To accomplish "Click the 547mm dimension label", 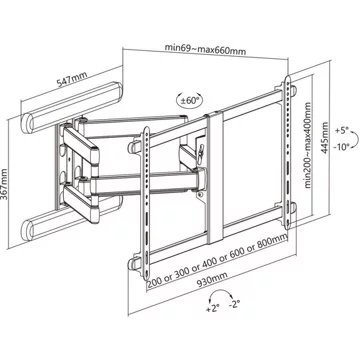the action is tap(72, 79).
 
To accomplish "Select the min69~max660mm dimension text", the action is tap(205, 49).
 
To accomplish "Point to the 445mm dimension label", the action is tap(324, 137).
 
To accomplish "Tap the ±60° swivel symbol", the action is tap(189, 99).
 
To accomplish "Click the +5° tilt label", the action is tap(342, 130).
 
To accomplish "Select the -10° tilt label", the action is tap(343, 146).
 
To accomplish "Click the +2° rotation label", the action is tap(212, 308).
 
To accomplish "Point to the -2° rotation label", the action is tap(235, 304).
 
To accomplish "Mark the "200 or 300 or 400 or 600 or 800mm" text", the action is tap(217, 259).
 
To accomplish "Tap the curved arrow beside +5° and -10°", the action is tap(358, 137).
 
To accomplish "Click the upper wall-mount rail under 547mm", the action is tap(72, 107).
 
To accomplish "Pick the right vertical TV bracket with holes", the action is tap(287, 153).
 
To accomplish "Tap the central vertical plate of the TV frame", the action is tap(215, 178).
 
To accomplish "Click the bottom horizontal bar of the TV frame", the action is tap(212, 237).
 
